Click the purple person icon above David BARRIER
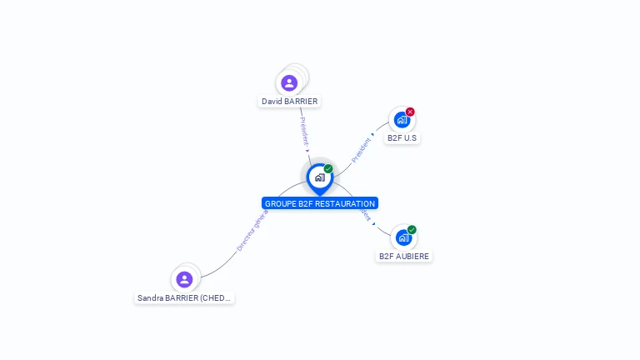click(x=289, y=82)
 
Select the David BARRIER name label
click(x=289, y=102)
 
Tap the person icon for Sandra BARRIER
click(x=185, y=279)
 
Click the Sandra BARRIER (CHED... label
click(x=184, y=297)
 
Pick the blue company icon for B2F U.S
click(x=402, y=120)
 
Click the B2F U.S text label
click(x=402, y=138)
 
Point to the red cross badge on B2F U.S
click(x=410, y=112)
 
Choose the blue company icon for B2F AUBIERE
click(x=403, y=237)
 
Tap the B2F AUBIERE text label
click(x=404, y=257)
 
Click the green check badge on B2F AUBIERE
click(x=412, y=230)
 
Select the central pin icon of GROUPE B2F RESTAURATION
click(x=319, y=177)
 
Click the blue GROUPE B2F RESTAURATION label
click(x=320, y=203)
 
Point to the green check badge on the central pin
click(x=328, y=169)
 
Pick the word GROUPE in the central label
click(x=280, y=203)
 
